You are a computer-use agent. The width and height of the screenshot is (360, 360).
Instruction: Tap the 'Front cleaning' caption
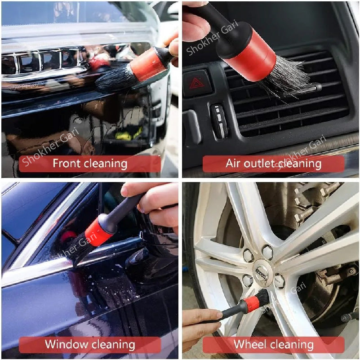point(90,164)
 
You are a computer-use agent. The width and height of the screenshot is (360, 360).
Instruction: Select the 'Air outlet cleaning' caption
point(273,164)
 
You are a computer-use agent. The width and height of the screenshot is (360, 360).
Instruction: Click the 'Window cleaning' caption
point(90,345)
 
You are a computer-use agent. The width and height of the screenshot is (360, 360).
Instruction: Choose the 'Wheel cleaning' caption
point(273,345)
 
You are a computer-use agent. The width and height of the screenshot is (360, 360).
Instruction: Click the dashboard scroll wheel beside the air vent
point(220,120)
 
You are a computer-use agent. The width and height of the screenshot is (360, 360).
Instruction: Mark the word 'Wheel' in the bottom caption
point(250,345)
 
